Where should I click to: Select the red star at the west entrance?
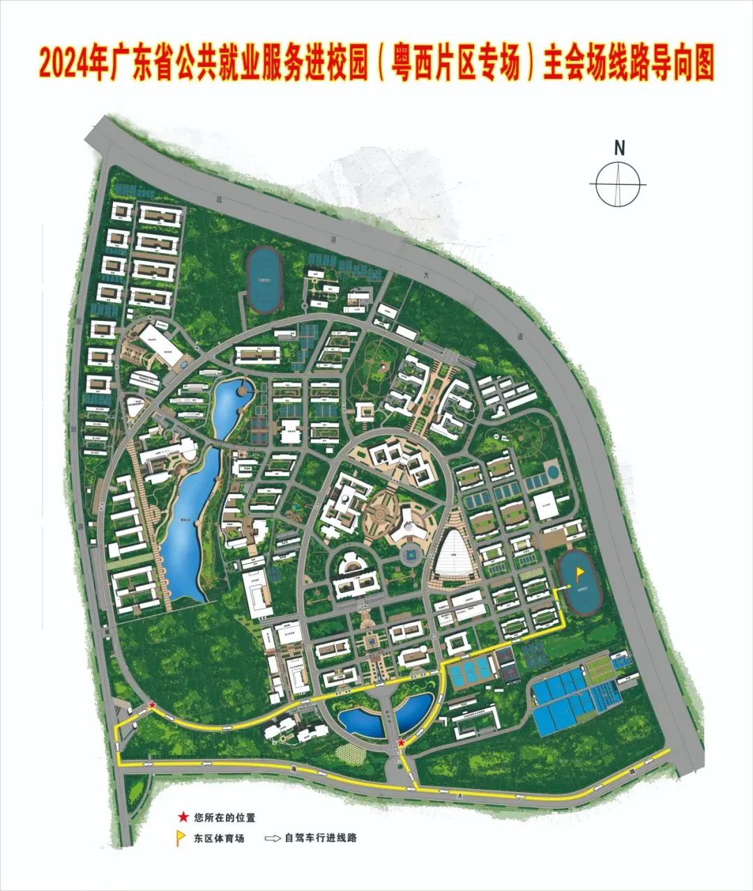(152, 706)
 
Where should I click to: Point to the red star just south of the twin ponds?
(401, 744)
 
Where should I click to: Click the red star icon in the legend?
(183, 816)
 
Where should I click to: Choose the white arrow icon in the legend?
(273, 838)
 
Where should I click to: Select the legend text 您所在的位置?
(220, 816)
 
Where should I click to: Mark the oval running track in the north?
(264, 279)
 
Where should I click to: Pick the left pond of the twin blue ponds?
(360, 721)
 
